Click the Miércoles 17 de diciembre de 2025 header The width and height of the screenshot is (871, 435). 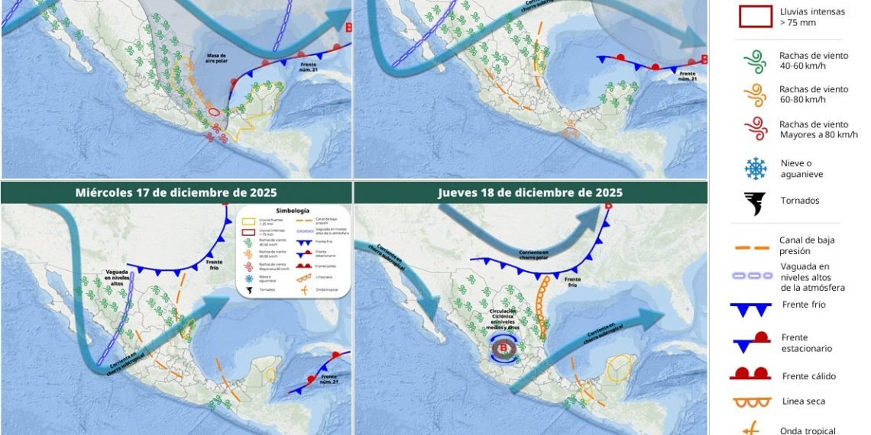point(176,192)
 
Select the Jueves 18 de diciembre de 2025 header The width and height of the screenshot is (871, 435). point(530,192)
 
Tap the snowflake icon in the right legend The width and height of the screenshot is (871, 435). point(755,168)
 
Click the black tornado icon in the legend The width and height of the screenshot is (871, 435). point(755,203)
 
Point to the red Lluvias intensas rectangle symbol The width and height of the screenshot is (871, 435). point(755,17)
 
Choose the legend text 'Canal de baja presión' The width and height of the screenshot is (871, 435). point(806,245)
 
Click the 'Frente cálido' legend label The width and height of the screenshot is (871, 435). point(808,376)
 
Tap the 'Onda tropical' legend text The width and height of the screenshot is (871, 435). point(808,430)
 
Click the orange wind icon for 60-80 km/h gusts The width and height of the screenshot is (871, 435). point(755,95)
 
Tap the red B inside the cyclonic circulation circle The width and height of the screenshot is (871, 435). point(503,349)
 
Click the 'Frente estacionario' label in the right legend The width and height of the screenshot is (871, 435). point(806,343)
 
